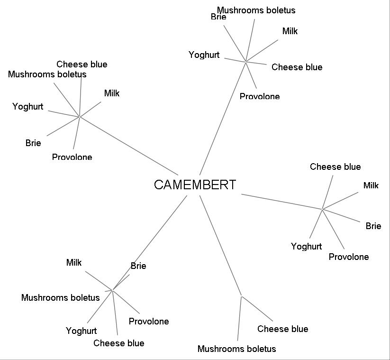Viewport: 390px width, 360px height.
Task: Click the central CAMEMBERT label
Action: point(195,185)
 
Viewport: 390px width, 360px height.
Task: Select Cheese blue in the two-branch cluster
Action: point(282,329)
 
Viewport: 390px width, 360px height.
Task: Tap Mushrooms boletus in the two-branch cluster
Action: point(236,349)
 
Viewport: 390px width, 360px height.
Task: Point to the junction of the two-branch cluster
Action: point(242,296)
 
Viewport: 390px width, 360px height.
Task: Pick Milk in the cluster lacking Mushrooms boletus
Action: point(371,185)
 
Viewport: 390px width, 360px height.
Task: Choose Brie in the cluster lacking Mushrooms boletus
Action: point(373,226)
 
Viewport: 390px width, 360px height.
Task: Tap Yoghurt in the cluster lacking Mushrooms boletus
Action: point(306,246)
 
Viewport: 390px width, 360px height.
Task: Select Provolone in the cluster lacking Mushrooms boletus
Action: point(348,257)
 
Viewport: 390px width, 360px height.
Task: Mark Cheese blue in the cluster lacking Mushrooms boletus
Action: point(335,166)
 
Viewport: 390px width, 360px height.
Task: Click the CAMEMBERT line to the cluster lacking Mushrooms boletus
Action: point(282,201)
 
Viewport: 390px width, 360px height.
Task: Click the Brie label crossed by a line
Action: point(138,266)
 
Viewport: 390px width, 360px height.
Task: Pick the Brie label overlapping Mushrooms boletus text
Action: point(218,17)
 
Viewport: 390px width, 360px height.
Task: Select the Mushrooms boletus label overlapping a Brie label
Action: point(256,10)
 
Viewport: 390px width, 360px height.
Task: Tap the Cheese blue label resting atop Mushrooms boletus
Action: point(82,64)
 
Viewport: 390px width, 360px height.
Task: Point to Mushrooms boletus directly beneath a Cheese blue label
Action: point(47,74)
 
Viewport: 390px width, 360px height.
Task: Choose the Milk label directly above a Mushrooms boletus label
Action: point(74,262)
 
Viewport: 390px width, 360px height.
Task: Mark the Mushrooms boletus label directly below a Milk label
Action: point(60,297)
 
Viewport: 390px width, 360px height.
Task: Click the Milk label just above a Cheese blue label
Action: point(290,31)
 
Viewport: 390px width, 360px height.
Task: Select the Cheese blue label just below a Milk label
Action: point(297,67)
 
